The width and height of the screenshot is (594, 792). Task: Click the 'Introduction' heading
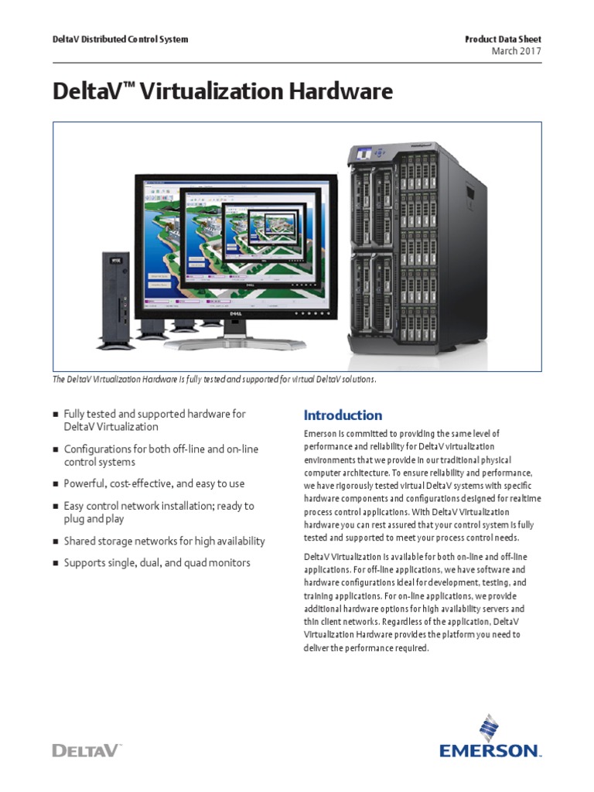pyautogui.click(x=343, y=415)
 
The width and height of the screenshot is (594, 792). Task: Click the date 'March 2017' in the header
pyautogui.click(x=516, y=51)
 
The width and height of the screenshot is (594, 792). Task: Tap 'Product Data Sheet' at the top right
pyautogui.click(x=503, y=39)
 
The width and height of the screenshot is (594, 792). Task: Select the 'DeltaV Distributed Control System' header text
pyautogui.click(x=120, y=39)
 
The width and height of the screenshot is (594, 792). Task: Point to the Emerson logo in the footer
pyautogui.click(x=490, y=739)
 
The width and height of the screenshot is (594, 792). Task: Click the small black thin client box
pyautogui.click(x=114, y=297)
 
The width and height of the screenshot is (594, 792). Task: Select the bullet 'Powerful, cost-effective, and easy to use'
pyautogui.click(x=154, y=483)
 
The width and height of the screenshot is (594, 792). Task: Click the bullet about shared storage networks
pyautogui.click(x=164, y=541)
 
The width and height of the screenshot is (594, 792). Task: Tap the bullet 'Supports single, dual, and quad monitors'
pyautogui.click(x=157, y=563)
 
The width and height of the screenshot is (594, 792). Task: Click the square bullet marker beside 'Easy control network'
pyautogui.click(x=56, y=507)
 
